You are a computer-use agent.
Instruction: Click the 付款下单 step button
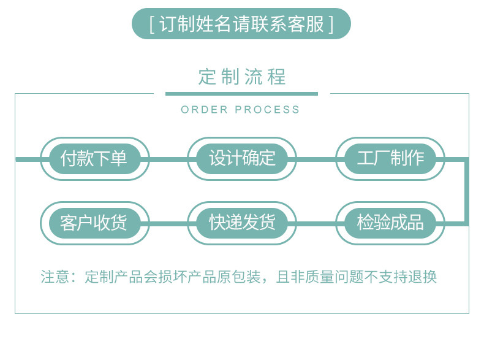tap(94, 158)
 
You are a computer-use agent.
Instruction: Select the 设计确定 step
tap(242, 158)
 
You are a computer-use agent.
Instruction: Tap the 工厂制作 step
tap(390, 158)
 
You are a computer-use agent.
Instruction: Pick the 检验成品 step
tap(390, 223)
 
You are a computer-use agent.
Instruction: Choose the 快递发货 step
tap(242, 223)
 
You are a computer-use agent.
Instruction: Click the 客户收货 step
tap(94, 223)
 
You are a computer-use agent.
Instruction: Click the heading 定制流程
tap(242, 77)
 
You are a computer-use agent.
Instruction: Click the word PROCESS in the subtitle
tap(268, 110)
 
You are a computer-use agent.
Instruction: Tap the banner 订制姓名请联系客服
tap(241, 24)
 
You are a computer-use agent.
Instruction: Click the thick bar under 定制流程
tap(241, 94)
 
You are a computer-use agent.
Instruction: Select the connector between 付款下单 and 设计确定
tap(168, 159)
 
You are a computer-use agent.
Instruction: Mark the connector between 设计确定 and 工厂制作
tap(316, 159)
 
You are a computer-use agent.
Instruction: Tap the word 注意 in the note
tap(55, 277)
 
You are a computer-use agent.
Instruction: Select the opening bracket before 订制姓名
tap(151, 25)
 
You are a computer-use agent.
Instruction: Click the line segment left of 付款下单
tap(28, 159)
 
